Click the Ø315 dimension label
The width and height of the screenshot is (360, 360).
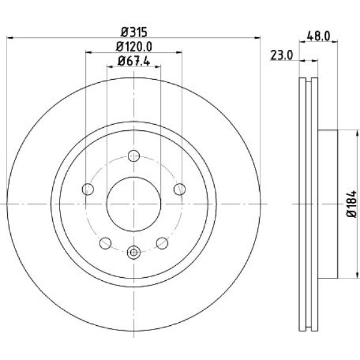[x=133, y=31]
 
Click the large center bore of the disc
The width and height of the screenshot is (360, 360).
[x=134, y=203]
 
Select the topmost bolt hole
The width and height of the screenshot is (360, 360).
[x=134, y=157]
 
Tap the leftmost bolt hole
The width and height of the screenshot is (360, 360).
[x=89, y=190]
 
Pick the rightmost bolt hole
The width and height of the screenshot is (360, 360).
[x=179, y=190]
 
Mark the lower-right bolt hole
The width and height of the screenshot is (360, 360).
[x=161, y=242]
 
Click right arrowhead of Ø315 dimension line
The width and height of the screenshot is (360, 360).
[x=259, y=38]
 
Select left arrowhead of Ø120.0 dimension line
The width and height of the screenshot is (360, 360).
[x=88, y=53]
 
